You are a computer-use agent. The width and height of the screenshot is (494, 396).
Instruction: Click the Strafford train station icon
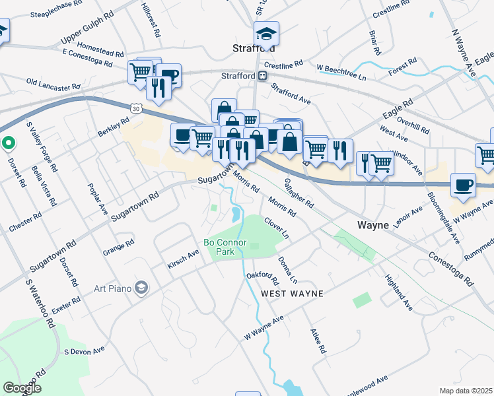[x=263, y=76]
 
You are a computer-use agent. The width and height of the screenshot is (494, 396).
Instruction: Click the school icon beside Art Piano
[x=141, y=287]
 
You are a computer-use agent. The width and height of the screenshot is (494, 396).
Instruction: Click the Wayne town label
[x=373, y=225]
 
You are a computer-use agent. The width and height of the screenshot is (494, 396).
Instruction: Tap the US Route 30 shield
[x=135, y=108]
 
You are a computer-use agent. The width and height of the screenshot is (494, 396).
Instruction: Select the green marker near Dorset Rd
[x=7, y=142]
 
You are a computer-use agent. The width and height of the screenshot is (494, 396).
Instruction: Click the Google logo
[x=22, y=388]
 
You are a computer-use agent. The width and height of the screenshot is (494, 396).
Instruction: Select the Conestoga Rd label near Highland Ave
[x=451, y=267]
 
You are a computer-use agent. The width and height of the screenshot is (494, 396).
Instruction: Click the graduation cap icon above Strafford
[x=267, y=32]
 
